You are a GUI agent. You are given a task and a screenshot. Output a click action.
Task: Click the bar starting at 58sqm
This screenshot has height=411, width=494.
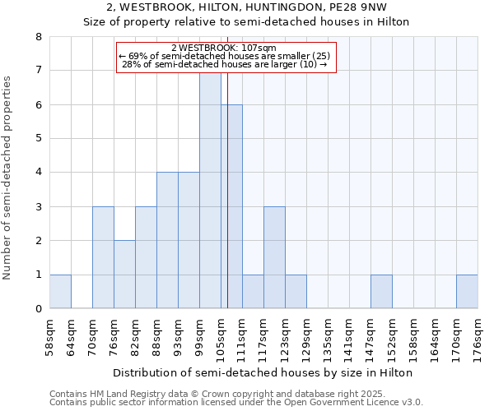point(60,292)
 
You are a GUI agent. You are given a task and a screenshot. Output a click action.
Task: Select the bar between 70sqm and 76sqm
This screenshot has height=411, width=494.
point(103,258)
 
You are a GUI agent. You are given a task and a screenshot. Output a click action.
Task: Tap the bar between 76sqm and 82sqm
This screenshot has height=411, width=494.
point(124,275)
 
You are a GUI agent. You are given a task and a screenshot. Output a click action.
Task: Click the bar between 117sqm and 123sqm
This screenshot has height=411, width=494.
point(274,258)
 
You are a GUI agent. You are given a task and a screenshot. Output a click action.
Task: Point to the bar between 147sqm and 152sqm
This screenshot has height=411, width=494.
point(381,292)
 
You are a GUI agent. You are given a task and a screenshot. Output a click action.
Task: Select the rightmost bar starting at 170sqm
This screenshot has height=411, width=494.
point(467,292)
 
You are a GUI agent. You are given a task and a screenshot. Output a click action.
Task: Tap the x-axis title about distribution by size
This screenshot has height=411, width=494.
point(263,372)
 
